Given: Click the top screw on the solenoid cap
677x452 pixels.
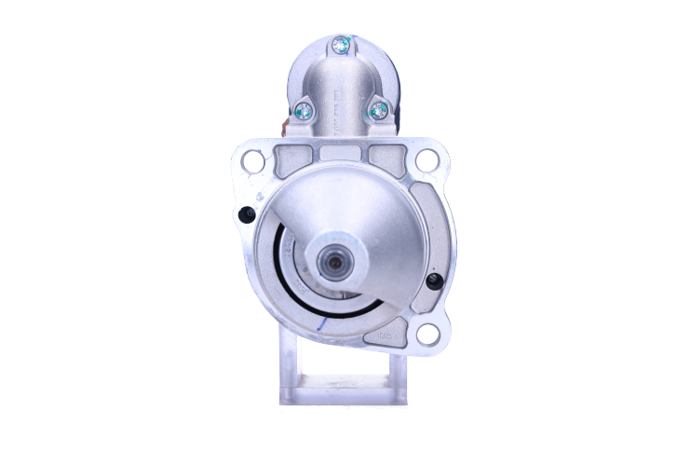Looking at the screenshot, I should (x=343, y=43).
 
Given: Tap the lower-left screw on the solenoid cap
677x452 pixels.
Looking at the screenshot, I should (x=304, y=110).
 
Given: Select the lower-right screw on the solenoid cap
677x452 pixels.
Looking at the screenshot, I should (x=378, y=111).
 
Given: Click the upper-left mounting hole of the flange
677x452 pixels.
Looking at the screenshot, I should (x=251, y=160).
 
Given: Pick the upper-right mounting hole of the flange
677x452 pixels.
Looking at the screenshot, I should (x=426, y=160).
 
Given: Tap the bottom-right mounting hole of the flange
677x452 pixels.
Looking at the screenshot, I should (x=427, y=334).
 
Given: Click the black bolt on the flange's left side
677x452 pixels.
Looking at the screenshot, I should (x=247, y=214).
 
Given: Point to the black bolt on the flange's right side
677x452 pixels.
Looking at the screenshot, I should (x=433, y=281).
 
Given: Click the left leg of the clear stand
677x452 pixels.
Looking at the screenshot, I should (x=289, y=368).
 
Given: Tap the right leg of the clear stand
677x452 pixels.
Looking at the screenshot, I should (x=398, y=368).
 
